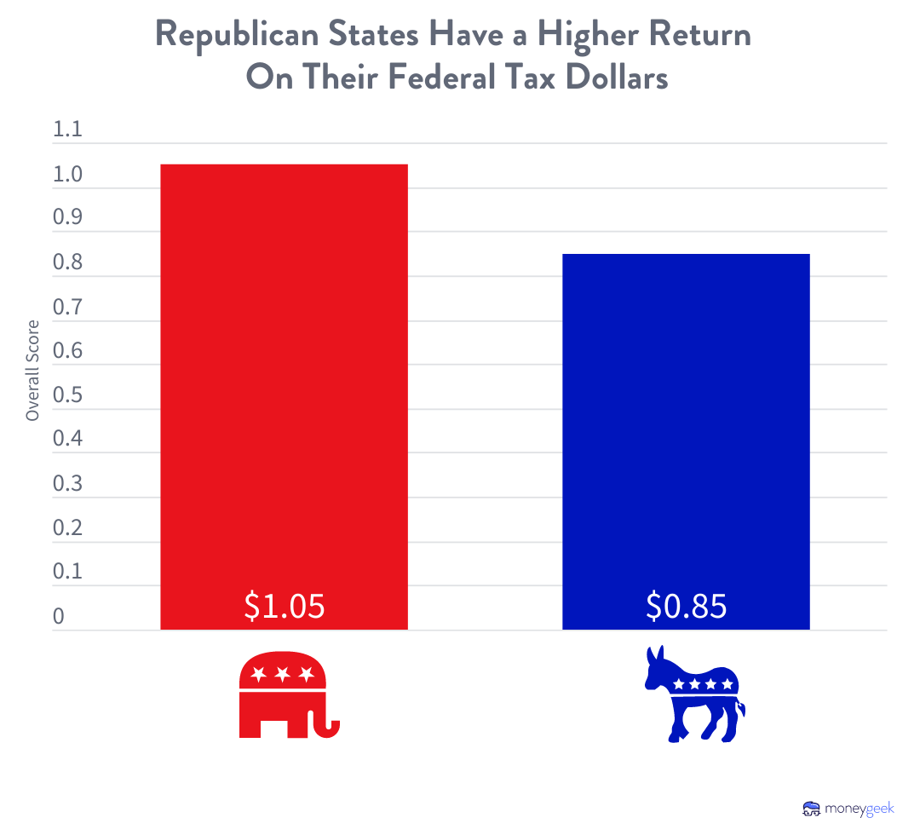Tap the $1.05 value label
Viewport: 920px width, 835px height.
[x=285, y=606]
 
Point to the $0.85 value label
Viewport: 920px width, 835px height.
[x=686, y=606]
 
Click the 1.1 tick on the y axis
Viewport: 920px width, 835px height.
[x=67, y=131]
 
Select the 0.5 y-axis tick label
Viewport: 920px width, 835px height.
[x=67, y=396]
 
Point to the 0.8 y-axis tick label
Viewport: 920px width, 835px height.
[x=67, y=263]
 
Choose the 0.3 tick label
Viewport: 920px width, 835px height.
[x=67, y=484]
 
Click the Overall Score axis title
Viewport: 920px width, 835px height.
[x=32, y=370]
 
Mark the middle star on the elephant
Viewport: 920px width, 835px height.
[x=282, y=674]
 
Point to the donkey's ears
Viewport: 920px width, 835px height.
[x=655, y=657]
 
